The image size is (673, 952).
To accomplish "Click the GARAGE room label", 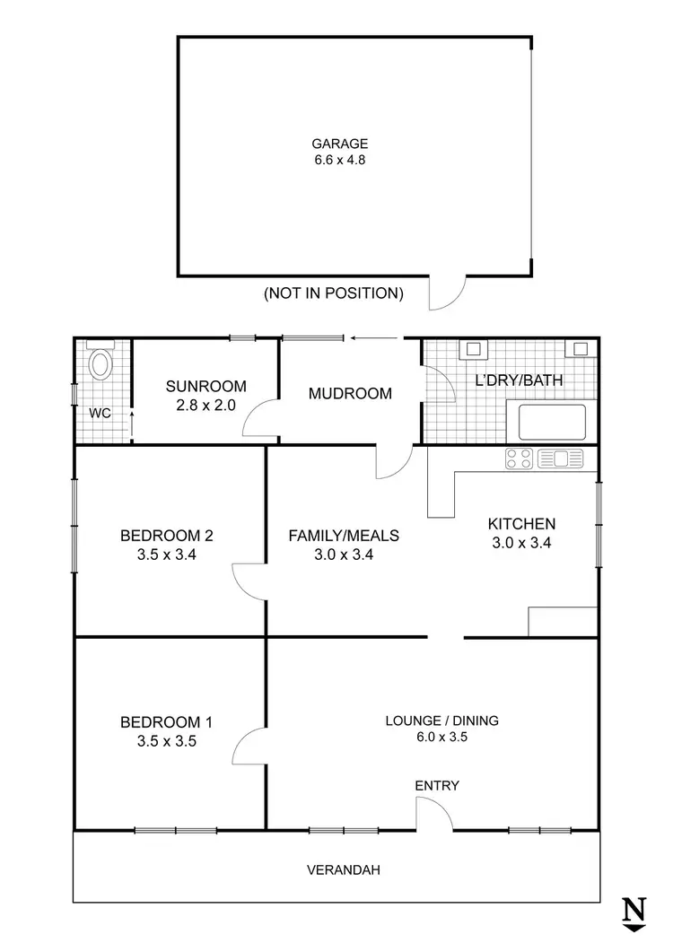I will (x=339, y=144).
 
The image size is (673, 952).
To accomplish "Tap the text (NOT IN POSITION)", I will (x=333, y=293).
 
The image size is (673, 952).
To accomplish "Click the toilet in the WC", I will (x=101, y=365).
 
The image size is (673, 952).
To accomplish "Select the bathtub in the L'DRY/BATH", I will (x=546, y=422).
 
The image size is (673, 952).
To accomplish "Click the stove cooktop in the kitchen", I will (x=520, y=459).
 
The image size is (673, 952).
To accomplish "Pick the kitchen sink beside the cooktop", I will (x=560, y=459).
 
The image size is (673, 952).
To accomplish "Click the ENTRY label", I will (x=437, y=786).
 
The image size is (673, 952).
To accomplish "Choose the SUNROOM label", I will (x=205, y=387).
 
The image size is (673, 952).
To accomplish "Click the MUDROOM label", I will (x=350, y=393).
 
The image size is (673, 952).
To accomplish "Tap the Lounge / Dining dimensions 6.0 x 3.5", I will (x=441, y=737).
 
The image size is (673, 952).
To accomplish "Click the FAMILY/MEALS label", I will (x=344, y=536).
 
